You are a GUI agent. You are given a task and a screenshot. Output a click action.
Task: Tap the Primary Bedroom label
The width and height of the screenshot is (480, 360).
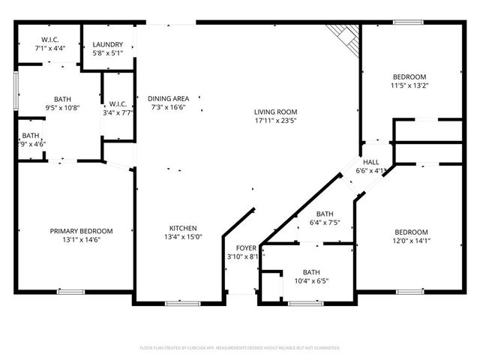[81, 231]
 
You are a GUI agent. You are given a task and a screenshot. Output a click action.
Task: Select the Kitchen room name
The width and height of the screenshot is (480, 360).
[182, 228]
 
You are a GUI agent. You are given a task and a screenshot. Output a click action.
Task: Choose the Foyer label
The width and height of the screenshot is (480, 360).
[246, 247]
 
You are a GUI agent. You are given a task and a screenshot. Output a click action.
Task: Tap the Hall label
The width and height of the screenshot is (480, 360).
[371, 162]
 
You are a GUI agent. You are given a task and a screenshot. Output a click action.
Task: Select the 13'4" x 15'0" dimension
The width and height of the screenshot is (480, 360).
[182, 238]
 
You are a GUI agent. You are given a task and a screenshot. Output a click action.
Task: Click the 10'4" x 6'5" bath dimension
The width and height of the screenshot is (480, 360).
[310, 281]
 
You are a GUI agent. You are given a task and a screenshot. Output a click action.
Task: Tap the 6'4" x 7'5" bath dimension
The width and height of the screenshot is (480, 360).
[325, 223]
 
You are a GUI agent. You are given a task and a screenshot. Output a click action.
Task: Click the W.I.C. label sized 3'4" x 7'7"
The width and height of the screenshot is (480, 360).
[120, 113]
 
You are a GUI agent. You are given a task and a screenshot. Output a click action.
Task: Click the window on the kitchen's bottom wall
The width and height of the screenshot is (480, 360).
[177, 303]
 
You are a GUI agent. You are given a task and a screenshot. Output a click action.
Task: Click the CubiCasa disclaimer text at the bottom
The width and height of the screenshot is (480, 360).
[240, 348]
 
